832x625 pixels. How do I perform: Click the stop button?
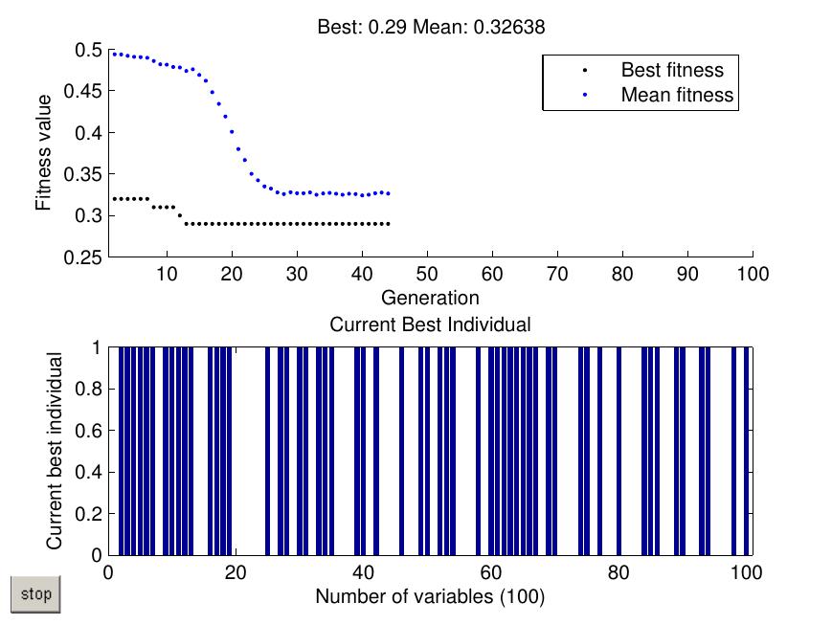click(x=35, y=594)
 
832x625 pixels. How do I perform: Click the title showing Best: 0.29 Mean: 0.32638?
click(x=431, y=27)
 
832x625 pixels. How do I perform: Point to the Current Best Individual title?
click(x=430, y=324)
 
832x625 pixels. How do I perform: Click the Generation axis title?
click(x=430, y=298)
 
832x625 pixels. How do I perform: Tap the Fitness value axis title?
click(x=43, y=153)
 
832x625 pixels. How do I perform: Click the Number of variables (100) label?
click(x=430, y=596)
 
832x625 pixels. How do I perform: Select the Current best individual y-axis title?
click(x=55, y=451)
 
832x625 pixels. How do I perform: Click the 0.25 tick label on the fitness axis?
click(x=82, y=257)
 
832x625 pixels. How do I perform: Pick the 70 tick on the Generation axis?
click(x=557, y=275)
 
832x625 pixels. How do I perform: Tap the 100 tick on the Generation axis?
click(x=753, y=275)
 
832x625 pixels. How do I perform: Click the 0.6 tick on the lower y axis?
click(x=88, y=431)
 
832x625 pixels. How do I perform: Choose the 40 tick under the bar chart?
click(x=364, y=573)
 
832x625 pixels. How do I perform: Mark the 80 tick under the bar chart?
click(x=618, y=573)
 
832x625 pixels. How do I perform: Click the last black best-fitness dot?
click(x=389, y=224)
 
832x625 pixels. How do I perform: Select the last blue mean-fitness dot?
click(x=389, y=193)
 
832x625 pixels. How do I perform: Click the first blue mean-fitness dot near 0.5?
click(x=115, y=54)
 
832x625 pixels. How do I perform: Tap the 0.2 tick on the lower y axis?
click(x=88, y=514)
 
